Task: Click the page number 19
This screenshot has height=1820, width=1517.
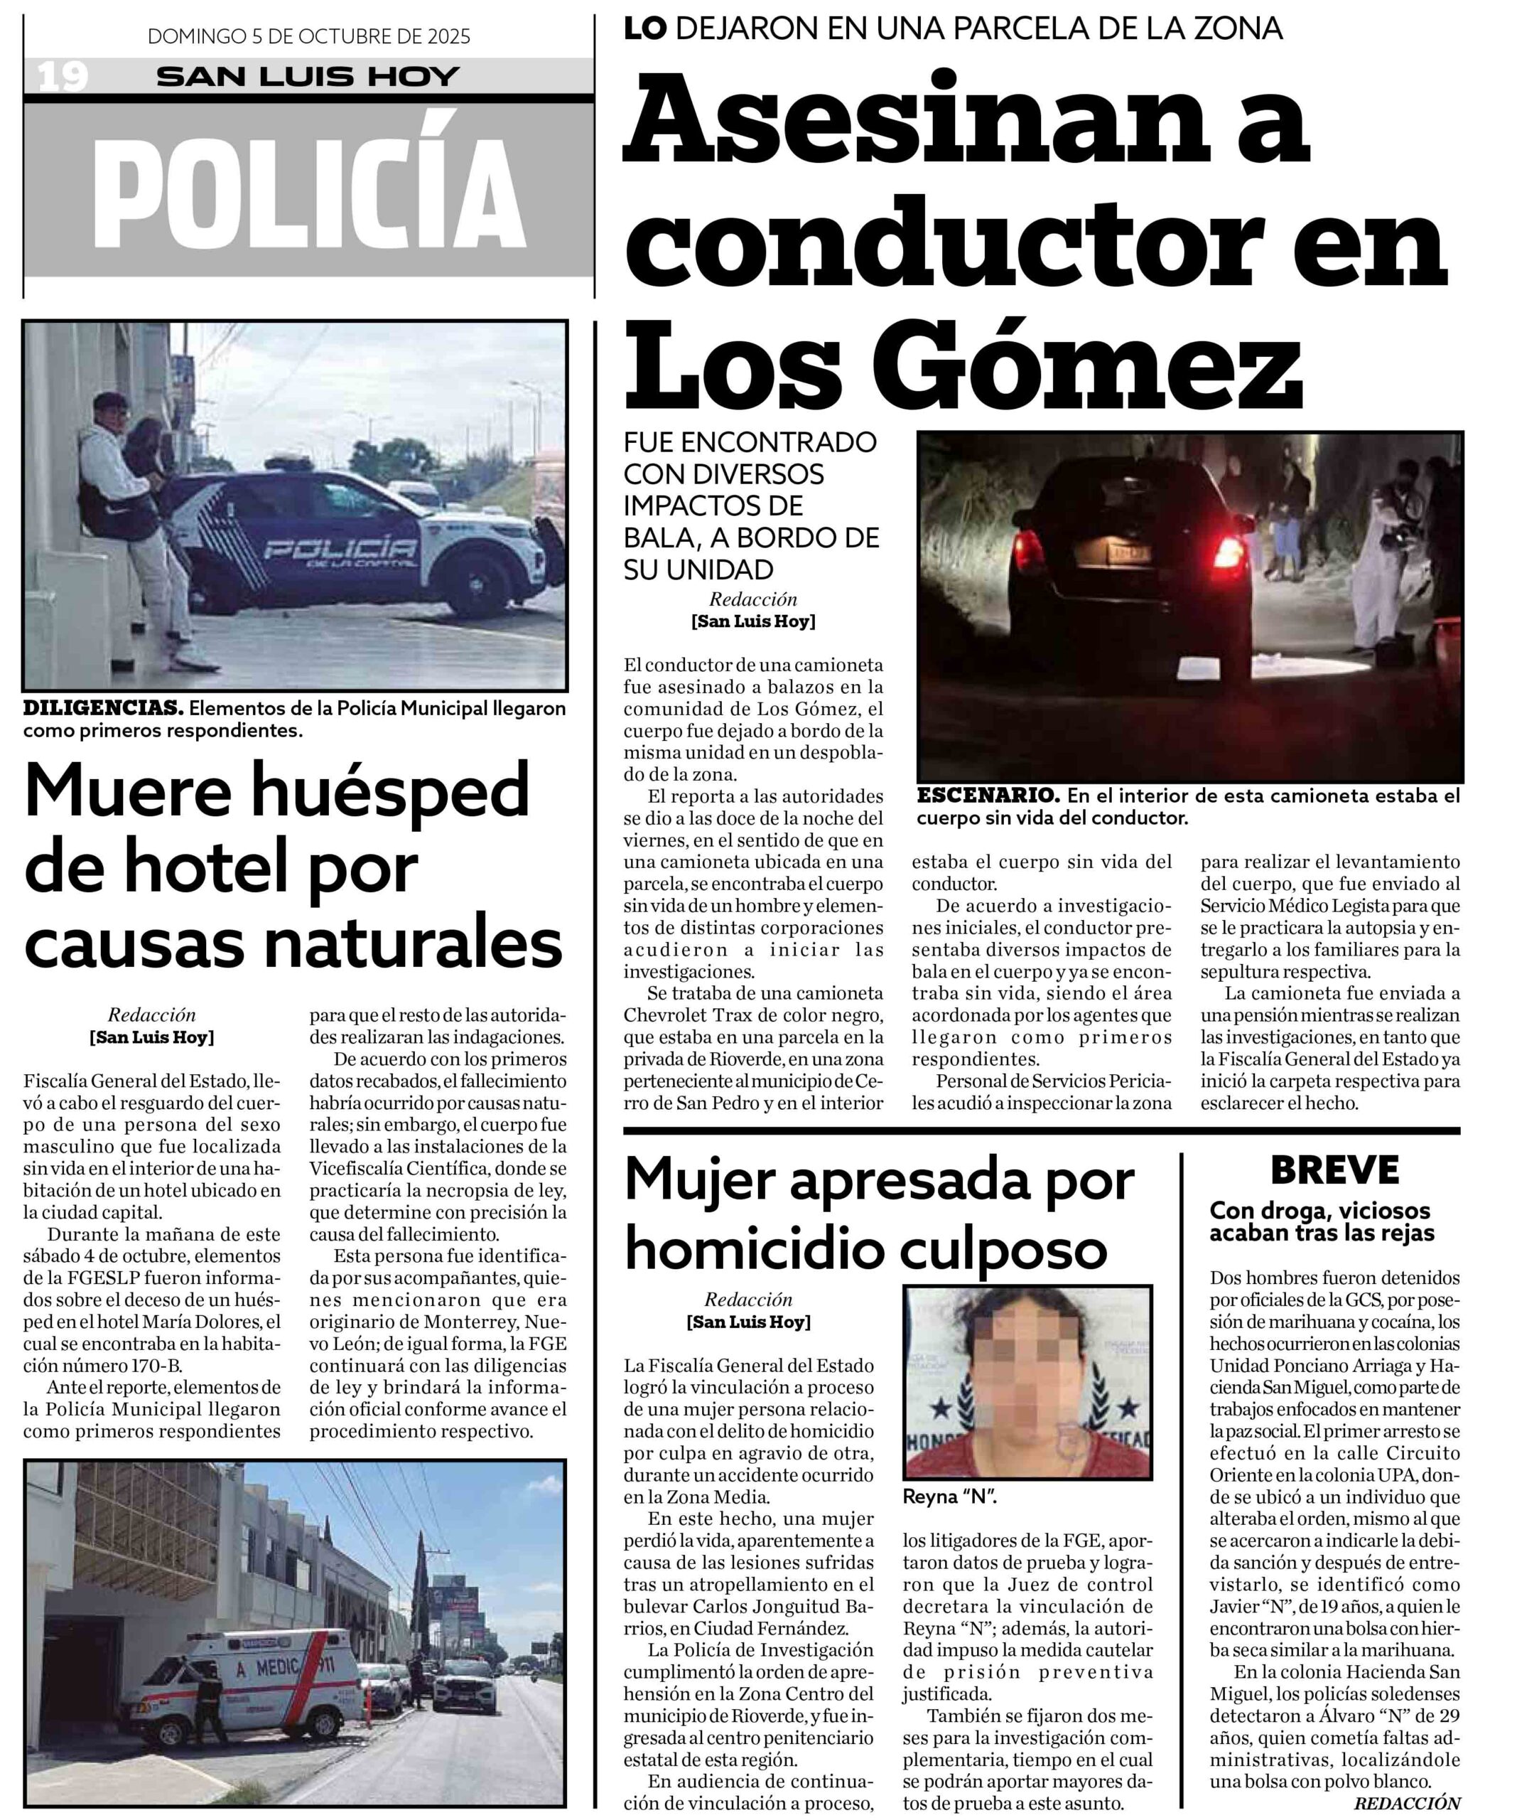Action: [x=63, y=77]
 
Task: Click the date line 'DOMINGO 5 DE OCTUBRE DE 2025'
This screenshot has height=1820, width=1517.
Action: [x=308, y=36]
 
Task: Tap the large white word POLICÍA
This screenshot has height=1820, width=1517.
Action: [x=308, y=193]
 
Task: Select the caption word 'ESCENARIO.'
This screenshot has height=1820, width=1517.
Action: [x=987, y=796]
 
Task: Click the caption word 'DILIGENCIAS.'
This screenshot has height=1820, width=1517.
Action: [x=102, y=708]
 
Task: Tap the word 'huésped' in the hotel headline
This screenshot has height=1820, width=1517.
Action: [x=394, y=791]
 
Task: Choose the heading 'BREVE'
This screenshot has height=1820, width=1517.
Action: [x=1334, y=1170]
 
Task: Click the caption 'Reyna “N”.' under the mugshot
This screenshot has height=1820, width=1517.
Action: [x=949, y=1497]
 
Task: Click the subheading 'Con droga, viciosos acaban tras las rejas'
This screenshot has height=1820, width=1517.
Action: [x=1321, y=1221]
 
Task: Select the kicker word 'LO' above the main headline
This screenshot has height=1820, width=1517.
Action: [x=644, y=28]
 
